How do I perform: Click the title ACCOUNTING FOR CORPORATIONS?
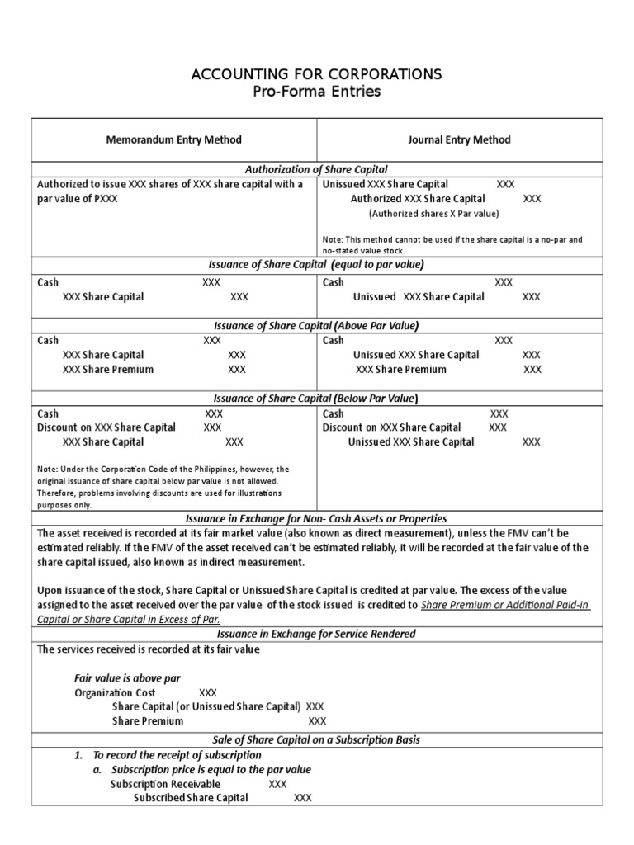click(x=317, y=74)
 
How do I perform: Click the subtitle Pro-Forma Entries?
click(x=317, y=92)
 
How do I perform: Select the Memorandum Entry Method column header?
click(x=174, y=139)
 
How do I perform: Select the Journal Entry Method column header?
click(x=459, y=139)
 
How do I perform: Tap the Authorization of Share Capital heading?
click(x=317, y=169)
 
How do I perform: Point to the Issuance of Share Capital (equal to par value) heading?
click(x=317, y=264)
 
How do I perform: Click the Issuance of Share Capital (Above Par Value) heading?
click(x=317, y=326)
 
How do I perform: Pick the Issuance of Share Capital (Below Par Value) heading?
click(x=317, y=399)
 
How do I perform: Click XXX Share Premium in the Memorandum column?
click(x=108, y=370)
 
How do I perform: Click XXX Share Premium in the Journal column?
click(x=400, y=370)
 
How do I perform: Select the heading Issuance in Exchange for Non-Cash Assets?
click(x=317, y=518)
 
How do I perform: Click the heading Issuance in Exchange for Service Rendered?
click(x=317, y=634)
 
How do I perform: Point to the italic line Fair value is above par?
click(x=127, y=678)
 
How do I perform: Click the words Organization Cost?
click(x=115, y=693)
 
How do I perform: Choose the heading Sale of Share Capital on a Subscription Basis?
click(x=317, y=739)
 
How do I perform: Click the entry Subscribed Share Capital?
click(x=191, y=798)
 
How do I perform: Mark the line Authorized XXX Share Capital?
click(x=418, y=199)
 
